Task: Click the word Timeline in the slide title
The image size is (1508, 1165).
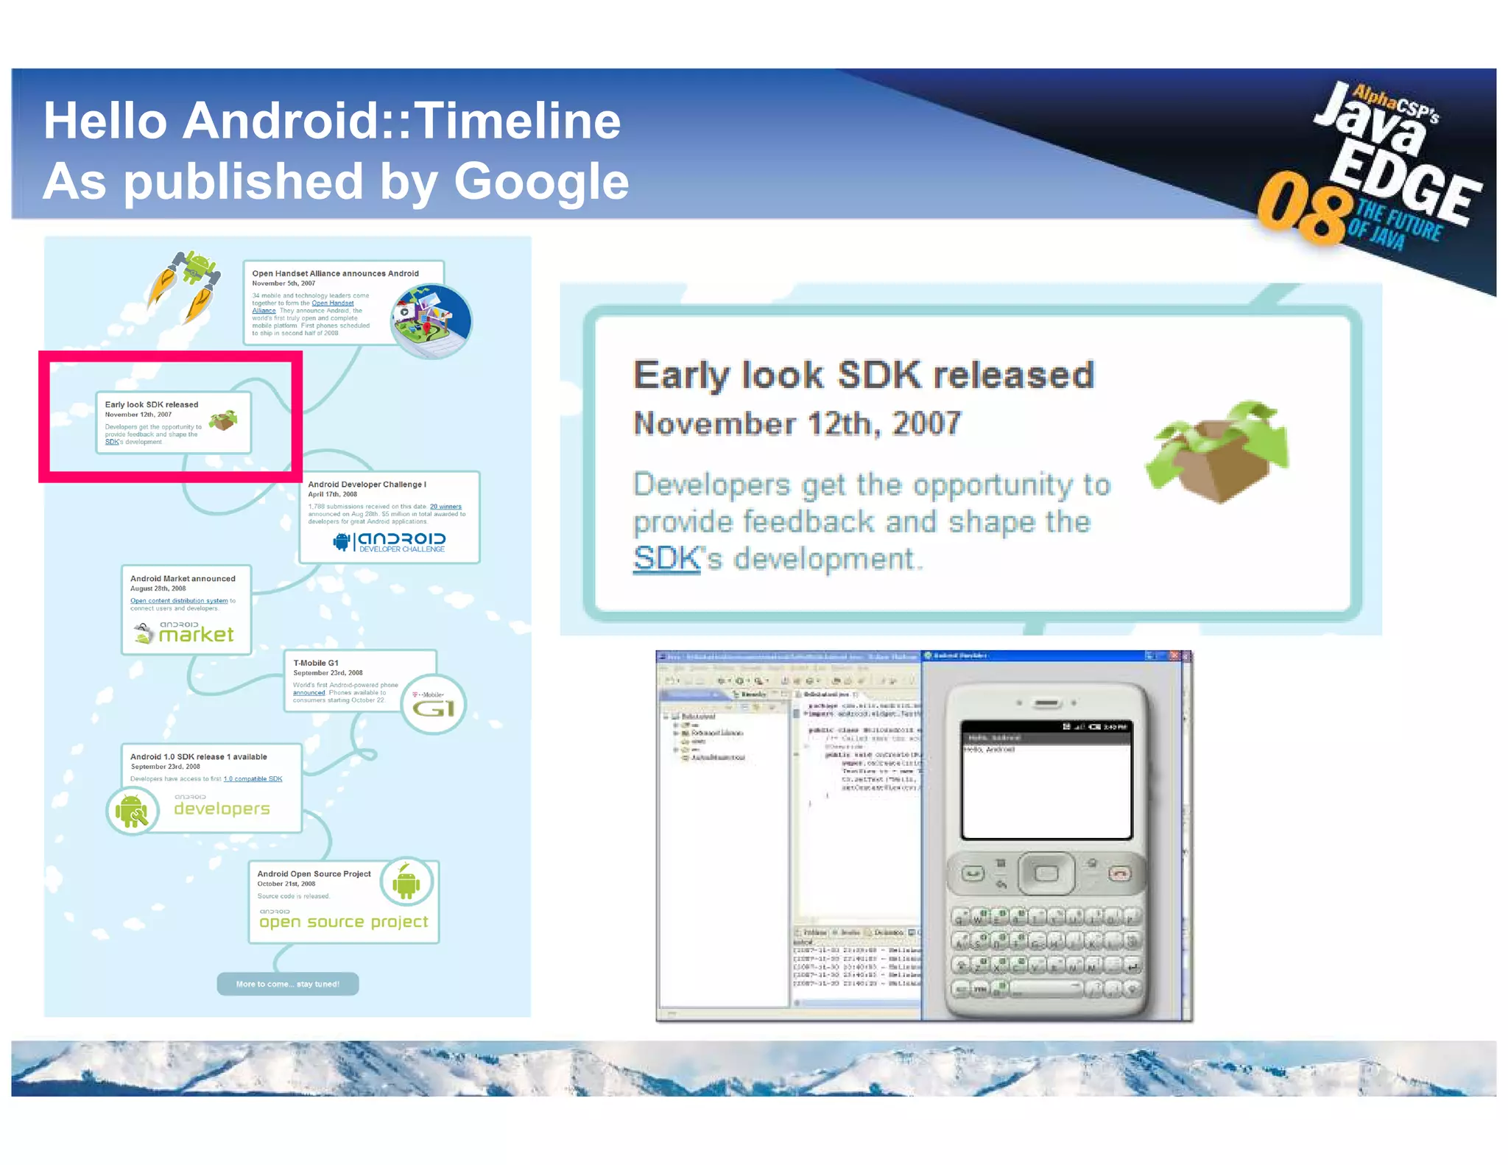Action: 519,121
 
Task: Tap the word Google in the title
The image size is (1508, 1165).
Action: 541,181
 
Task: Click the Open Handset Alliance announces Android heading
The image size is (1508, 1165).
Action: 335,273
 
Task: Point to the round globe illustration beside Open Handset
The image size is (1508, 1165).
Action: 431,321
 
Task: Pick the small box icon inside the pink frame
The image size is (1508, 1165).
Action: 223,421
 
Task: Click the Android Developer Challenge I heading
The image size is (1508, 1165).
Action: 367,485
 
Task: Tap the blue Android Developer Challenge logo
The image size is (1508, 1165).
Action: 390,542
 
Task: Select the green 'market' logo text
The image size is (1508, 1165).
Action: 196,635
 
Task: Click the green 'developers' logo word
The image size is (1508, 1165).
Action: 222,809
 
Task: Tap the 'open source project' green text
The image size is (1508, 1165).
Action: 343,922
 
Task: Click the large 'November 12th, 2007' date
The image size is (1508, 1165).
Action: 797,424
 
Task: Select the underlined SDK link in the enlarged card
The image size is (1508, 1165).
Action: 666,559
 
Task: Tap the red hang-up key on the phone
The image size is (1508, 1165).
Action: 1119,874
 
